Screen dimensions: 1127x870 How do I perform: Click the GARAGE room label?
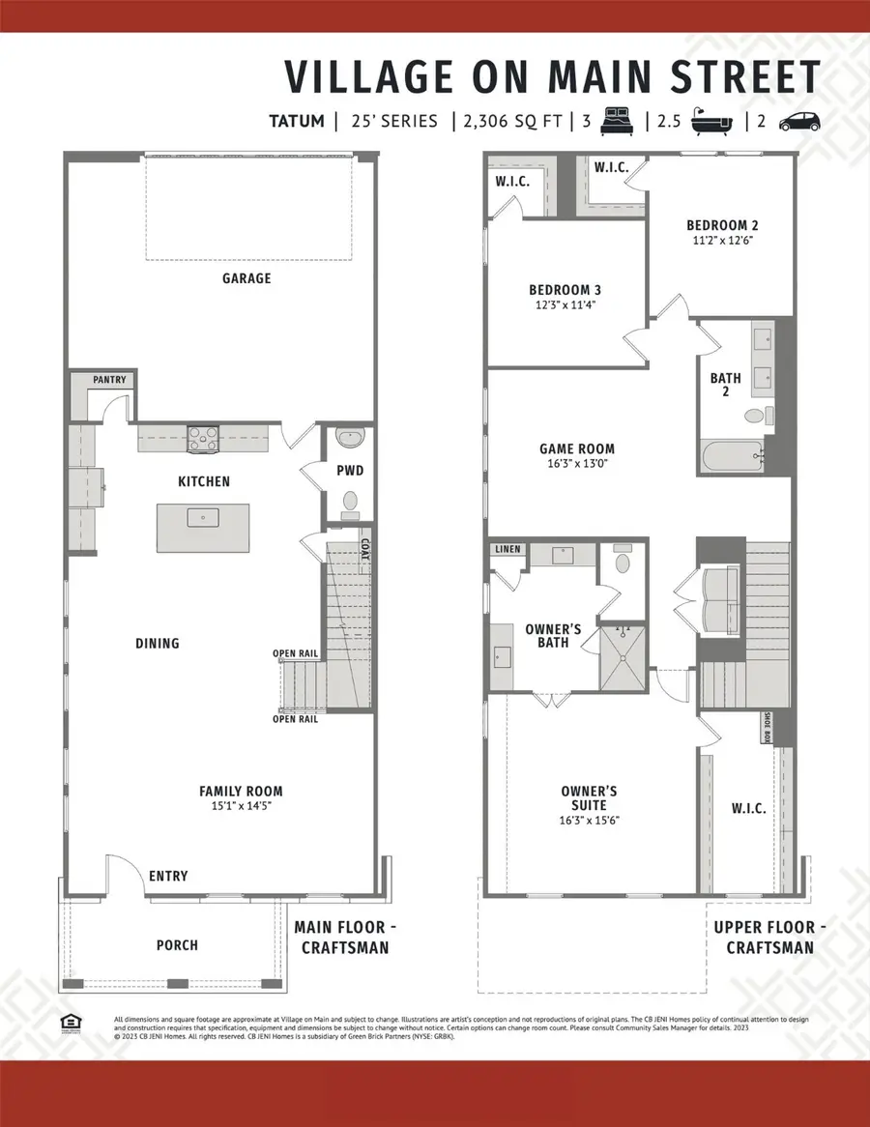click(246, 278)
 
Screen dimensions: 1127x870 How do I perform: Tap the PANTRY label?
click(109, 380)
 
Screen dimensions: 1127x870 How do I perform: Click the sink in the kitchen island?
click(203, 517)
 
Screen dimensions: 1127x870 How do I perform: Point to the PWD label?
click(349, 471)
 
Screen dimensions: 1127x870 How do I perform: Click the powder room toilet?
click(350, 503)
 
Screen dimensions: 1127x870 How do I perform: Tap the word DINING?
click(158, 644)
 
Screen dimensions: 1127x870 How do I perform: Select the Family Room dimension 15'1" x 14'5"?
click(246, 805)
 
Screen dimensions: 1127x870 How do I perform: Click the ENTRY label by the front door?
click(167, 877)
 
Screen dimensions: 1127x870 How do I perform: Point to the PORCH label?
click(176, 944)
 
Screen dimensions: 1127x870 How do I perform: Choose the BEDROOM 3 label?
click(565, 290)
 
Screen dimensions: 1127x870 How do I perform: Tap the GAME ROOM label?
click(576, 448)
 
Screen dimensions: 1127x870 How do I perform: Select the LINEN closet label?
click(507, 550)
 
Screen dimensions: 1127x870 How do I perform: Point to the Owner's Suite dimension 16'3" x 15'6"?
click(589, 820)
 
